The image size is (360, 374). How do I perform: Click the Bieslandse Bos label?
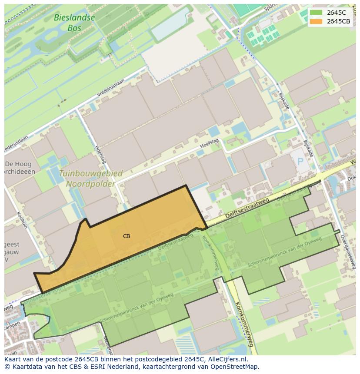(74, 23)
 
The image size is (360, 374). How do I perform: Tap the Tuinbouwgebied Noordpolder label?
(90, 179)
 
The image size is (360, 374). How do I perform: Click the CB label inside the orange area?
(127, 236)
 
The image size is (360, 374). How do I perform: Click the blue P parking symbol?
(300, 162)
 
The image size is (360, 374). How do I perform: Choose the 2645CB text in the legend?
(339, 21)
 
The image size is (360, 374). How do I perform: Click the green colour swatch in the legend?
(317, 13)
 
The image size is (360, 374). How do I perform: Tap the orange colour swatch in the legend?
(317, 21)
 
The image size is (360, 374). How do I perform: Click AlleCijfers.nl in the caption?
(226, 359)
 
